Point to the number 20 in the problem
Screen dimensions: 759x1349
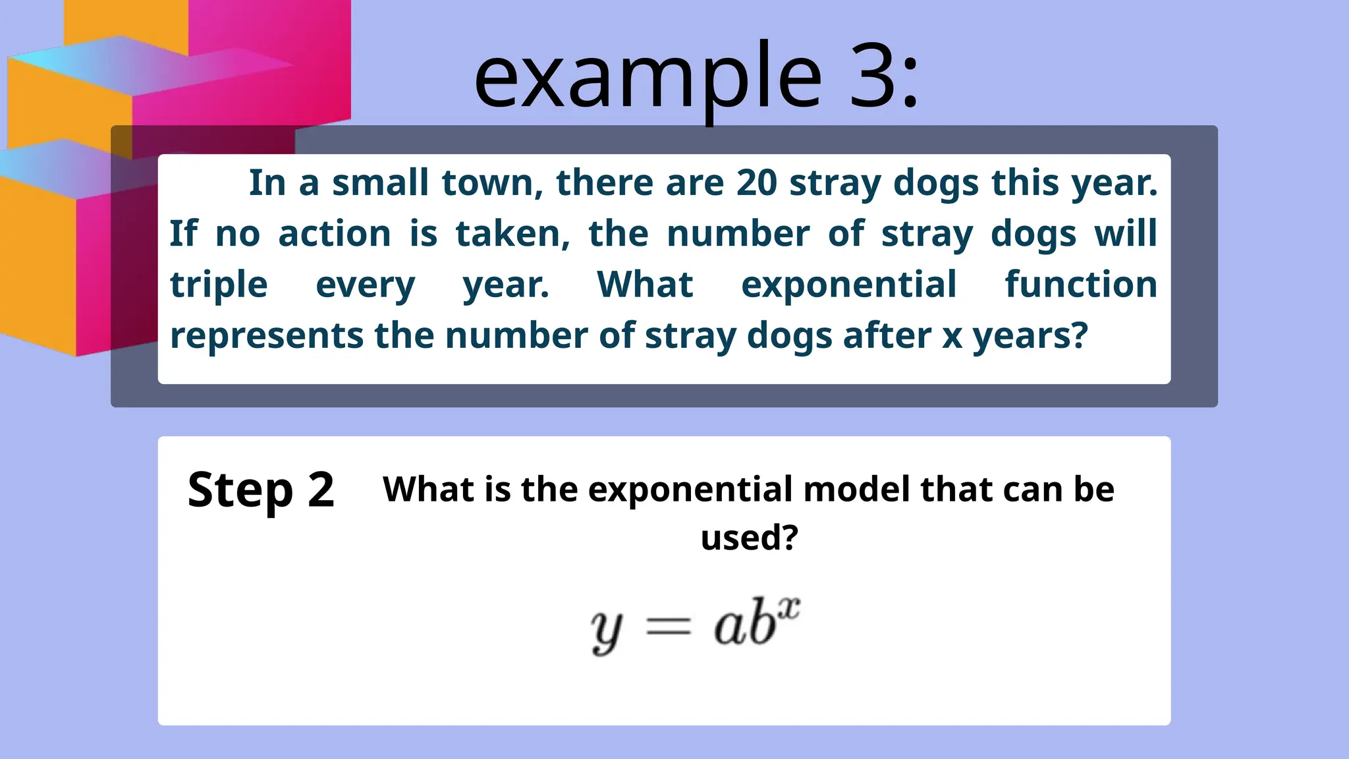(x=756, y=183)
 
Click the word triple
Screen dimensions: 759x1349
(x=219, y=286)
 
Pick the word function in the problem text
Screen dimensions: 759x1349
(x=1080, y=285)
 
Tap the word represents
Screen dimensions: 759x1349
(x=266, y=336)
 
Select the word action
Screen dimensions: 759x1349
(x=335, y=234)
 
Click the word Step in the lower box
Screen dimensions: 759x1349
(x=240, y=491)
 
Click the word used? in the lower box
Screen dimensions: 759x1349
(x=749, y=538)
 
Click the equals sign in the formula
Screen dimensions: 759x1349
(x=669, y=626)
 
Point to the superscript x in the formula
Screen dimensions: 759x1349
(x=788, y=607)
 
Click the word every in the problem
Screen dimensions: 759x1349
(x=366, y=286)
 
